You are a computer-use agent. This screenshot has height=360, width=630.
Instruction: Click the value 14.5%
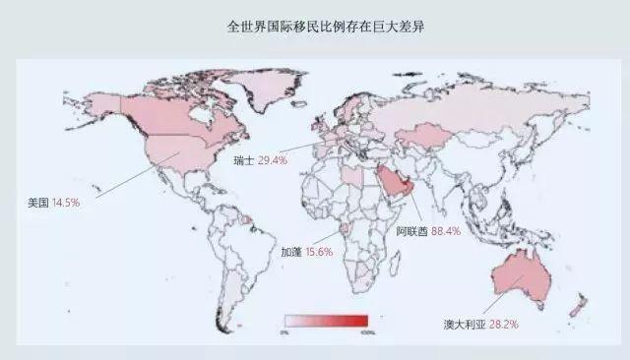click(x=65, y=203)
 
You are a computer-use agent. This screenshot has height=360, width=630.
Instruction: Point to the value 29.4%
click(x=273, y=158)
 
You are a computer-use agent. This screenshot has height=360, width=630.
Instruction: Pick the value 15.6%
click(x=319, y=252)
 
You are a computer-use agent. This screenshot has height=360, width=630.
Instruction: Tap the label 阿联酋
click(x=411, y=233)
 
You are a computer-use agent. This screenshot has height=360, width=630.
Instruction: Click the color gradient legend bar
click(x=326, y=320)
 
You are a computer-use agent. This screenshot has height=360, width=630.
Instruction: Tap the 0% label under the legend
click(x=284, y=332)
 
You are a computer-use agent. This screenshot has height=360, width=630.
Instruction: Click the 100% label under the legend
click(x=367, y=332)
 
